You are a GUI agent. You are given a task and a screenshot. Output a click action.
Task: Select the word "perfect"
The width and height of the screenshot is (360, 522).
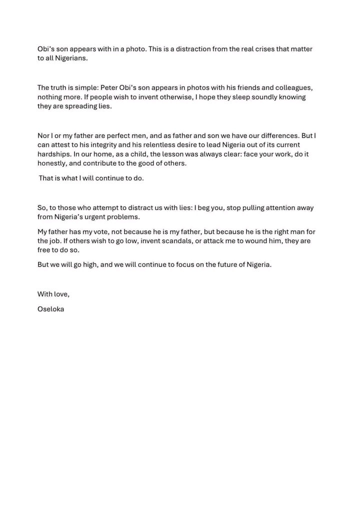tap(121, 135)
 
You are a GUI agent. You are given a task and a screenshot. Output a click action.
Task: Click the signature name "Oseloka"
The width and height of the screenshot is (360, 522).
tap(50, 308)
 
